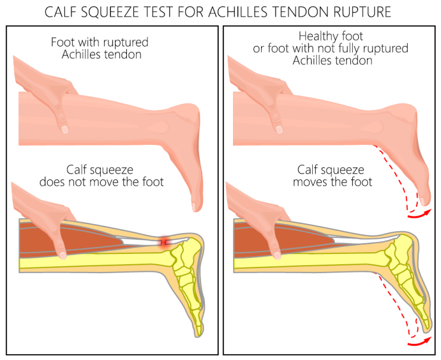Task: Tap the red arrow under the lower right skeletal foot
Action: tap(418, 342)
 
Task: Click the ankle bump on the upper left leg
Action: tap(157, 126)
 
